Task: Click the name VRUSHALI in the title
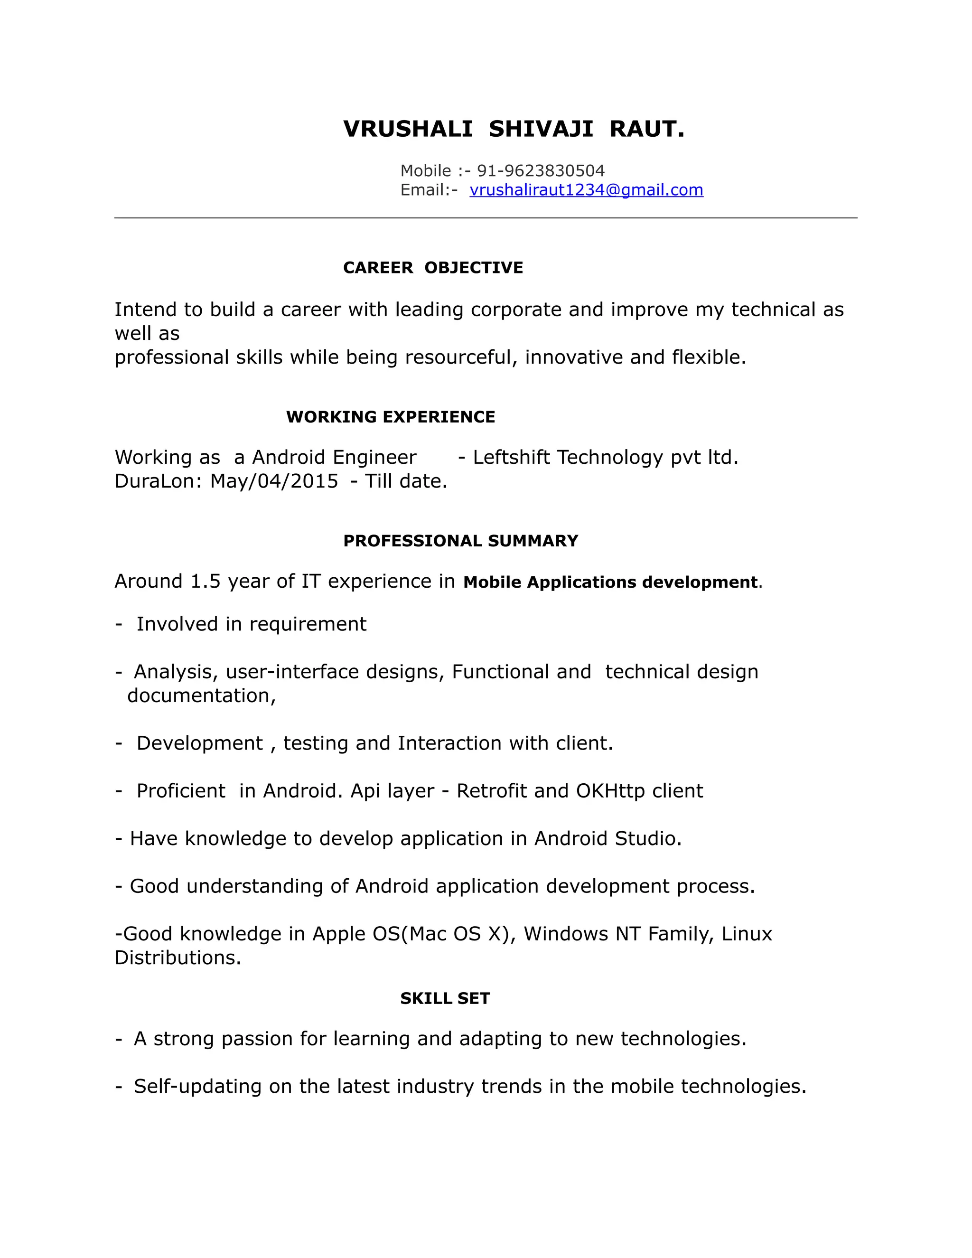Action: (x=408, y=129)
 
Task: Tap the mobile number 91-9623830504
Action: (x=541, y=170)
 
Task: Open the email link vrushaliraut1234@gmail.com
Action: (x=586, y=189)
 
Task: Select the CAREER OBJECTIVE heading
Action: (x=432, y=267)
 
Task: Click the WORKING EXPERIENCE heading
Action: (x=391, y=416)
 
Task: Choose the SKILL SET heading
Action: (x=445, y=998)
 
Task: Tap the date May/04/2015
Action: (x=274, y=481)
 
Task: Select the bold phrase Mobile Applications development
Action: (x=610, y=582)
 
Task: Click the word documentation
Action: (x=200, y=695)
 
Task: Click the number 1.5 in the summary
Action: (x=206, y=581)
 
